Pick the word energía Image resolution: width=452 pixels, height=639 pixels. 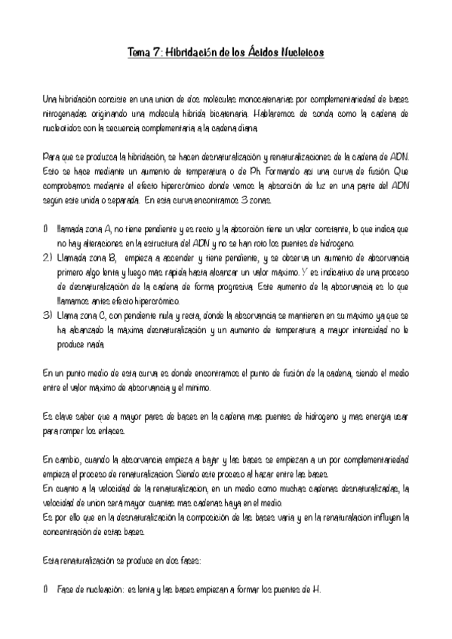point(374,416)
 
